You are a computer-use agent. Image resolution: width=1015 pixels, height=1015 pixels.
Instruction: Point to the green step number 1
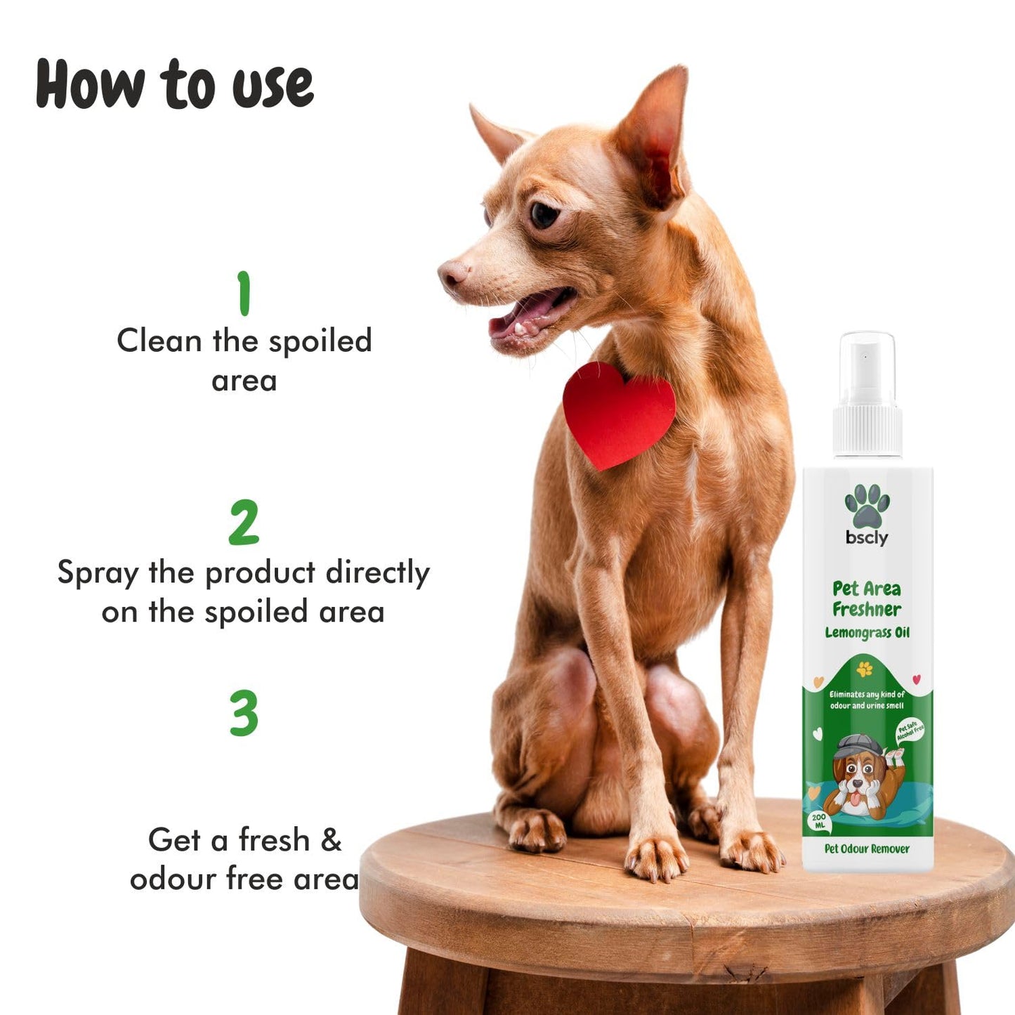[x=244, y=294]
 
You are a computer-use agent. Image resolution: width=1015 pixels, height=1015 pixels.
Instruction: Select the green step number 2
[x=244, y=523]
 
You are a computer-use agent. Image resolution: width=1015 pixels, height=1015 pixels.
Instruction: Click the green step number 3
[x=244, y=713]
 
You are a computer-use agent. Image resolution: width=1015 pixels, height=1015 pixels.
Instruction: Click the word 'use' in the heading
[x=273, y=86]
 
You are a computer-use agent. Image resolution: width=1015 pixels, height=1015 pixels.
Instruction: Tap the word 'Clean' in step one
[x=159, y=341]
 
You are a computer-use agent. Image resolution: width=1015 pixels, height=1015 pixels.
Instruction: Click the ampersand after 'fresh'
[x=331, y=840]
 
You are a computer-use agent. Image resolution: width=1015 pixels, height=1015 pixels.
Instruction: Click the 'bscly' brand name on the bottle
[x=867, y=538]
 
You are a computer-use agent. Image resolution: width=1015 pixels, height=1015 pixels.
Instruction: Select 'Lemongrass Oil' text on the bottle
[x=867, y=633]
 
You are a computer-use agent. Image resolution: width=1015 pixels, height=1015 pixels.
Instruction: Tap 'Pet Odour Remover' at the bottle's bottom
[x=867, y=849]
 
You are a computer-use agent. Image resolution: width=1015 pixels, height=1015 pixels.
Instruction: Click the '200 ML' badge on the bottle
[x=818, y=821]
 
